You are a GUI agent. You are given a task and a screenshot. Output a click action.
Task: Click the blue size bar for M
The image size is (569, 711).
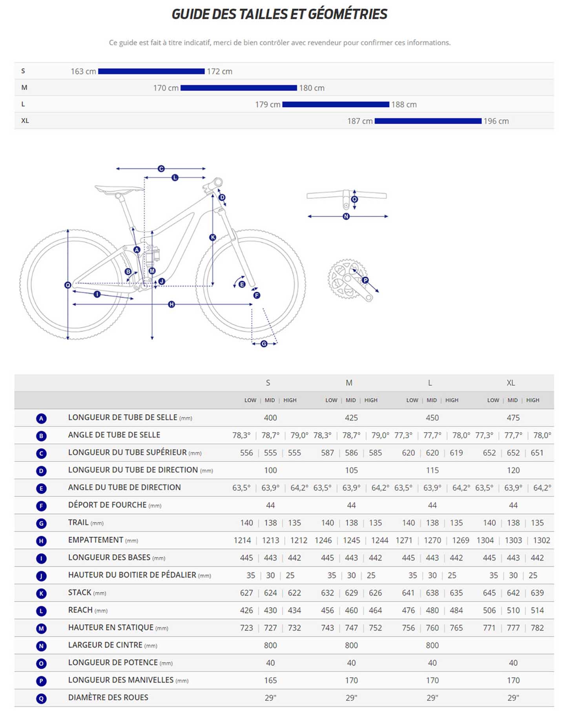tap(238, 88)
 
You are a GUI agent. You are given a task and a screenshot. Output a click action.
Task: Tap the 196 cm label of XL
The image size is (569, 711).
tap(496, 121)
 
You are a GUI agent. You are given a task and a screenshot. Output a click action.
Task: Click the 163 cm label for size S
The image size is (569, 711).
tap(83, 71)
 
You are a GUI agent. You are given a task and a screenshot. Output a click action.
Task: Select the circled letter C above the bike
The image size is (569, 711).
tap(161, 169)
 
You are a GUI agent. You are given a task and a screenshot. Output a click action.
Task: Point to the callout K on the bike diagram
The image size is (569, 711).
tap(213, 237)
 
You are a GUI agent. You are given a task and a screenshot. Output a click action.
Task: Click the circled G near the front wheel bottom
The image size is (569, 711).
tap(264, 344)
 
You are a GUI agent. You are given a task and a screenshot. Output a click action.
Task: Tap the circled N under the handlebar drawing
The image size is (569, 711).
tap(346, 216)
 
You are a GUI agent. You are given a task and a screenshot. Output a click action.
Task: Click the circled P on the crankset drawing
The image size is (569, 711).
tap(365, 280)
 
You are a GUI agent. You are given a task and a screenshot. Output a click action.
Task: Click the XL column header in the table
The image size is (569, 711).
tap(511, 383)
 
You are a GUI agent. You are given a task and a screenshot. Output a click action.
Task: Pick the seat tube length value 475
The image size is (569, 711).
tap(513, 418)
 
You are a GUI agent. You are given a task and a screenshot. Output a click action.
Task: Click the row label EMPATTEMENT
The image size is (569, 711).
tap(95, 540)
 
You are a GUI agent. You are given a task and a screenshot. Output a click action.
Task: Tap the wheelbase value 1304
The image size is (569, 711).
tap(485, 540)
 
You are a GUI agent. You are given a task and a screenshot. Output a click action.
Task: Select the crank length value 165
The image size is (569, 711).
tap(270, 680)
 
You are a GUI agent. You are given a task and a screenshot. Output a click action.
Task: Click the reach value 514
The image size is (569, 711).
tap(537, 611)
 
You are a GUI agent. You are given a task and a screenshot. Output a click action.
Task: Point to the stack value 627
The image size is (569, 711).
tap(246, 593)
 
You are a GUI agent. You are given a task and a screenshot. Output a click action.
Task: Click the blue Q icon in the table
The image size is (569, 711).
tap(41, 698)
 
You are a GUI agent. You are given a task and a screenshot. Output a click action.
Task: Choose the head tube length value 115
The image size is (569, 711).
tap(432, 470)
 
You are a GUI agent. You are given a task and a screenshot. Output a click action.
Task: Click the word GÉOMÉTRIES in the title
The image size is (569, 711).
tap(348, 14)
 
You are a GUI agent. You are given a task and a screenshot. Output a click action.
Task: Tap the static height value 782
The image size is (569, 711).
tap(537, 628)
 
